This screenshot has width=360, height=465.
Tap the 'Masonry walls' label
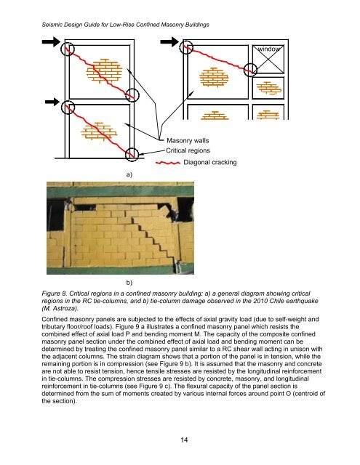click(188, 139)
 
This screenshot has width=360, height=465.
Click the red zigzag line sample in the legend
click(167, 162)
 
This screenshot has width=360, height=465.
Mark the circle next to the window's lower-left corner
click(249, 70)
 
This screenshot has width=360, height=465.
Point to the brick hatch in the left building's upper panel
click(105, 70)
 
